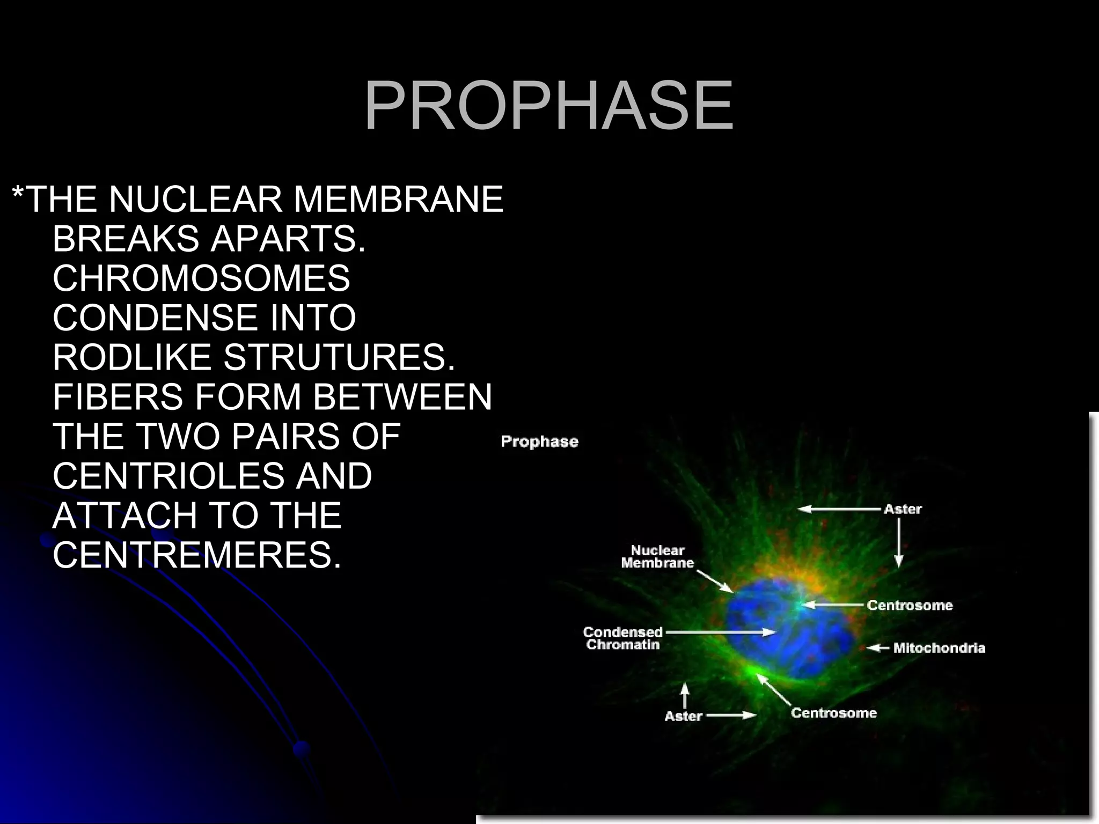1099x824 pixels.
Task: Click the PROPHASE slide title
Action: [x=548, y=106]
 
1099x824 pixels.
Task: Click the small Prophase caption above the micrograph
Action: [x=539, y=442]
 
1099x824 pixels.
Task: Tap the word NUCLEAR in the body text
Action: [x=195, y=199]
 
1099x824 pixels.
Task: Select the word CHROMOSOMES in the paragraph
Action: [x=201, y=278]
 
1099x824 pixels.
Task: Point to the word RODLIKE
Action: [x=132, y=357]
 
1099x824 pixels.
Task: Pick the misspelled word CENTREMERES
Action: [x=196, y=555]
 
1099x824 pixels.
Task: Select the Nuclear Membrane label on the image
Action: [x=657, y=556]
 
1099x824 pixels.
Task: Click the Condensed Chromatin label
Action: [x=622, y=638]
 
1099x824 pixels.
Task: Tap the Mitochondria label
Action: [x=939, y=648]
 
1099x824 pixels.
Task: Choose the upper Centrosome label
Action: [x=910, y=605]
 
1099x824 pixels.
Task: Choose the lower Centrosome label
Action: [x=833, y=712]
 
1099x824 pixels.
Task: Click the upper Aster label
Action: [x=903, y=509]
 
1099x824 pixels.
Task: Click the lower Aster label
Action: [x=683, y=716]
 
